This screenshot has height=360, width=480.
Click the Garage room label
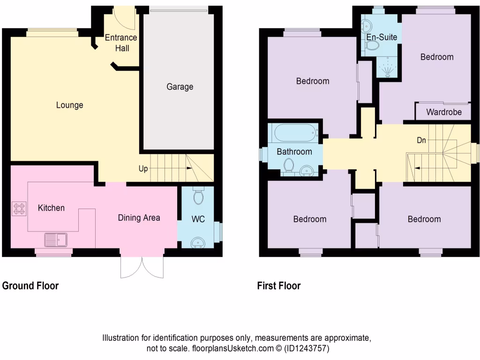click(180, 87)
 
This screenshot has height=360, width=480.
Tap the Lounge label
click(69, 105)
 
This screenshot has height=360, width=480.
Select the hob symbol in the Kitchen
click(19, 208)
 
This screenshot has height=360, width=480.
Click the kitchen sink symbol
click(56, 240)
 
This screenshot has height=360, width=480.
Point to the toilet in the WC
click(198, 195)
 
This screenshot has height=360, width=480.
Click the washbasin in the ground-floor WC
click(198, 242)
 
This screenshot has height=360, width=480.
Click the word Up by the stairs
click(144, 168)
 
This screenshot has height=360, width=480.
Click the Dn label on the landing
click(421, 140)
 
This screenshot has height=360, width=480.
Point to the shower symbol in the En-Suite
click(388, 67)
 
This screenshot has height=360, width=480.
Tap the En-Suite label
click(382, 37)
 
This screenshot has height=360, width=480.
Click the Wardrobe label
click(443, 112)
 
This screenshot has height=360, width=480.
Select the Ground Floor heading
click(30, 285)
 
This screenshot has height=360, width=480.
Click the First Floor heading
click(278, 285)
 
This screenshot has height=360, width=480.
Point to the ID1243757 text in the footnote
click(306, 349)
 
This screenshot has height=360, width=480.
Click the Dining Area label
click(139, 217)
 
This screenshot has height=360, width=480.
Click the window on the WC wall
click(218, 230)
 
